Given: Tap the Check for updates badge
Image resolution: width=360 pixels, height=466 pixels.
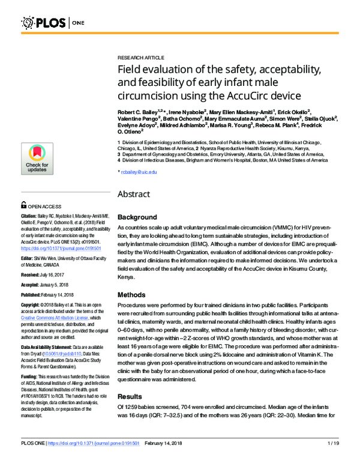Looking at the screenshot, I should click(x=37, y=159).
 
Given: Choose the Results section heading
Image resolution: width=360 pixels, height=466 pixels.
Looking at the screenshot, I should click(x=131, y=398).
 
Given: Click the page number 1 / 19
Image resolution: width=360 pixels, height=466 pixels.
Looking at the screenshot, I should click(x=334, y=460).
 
